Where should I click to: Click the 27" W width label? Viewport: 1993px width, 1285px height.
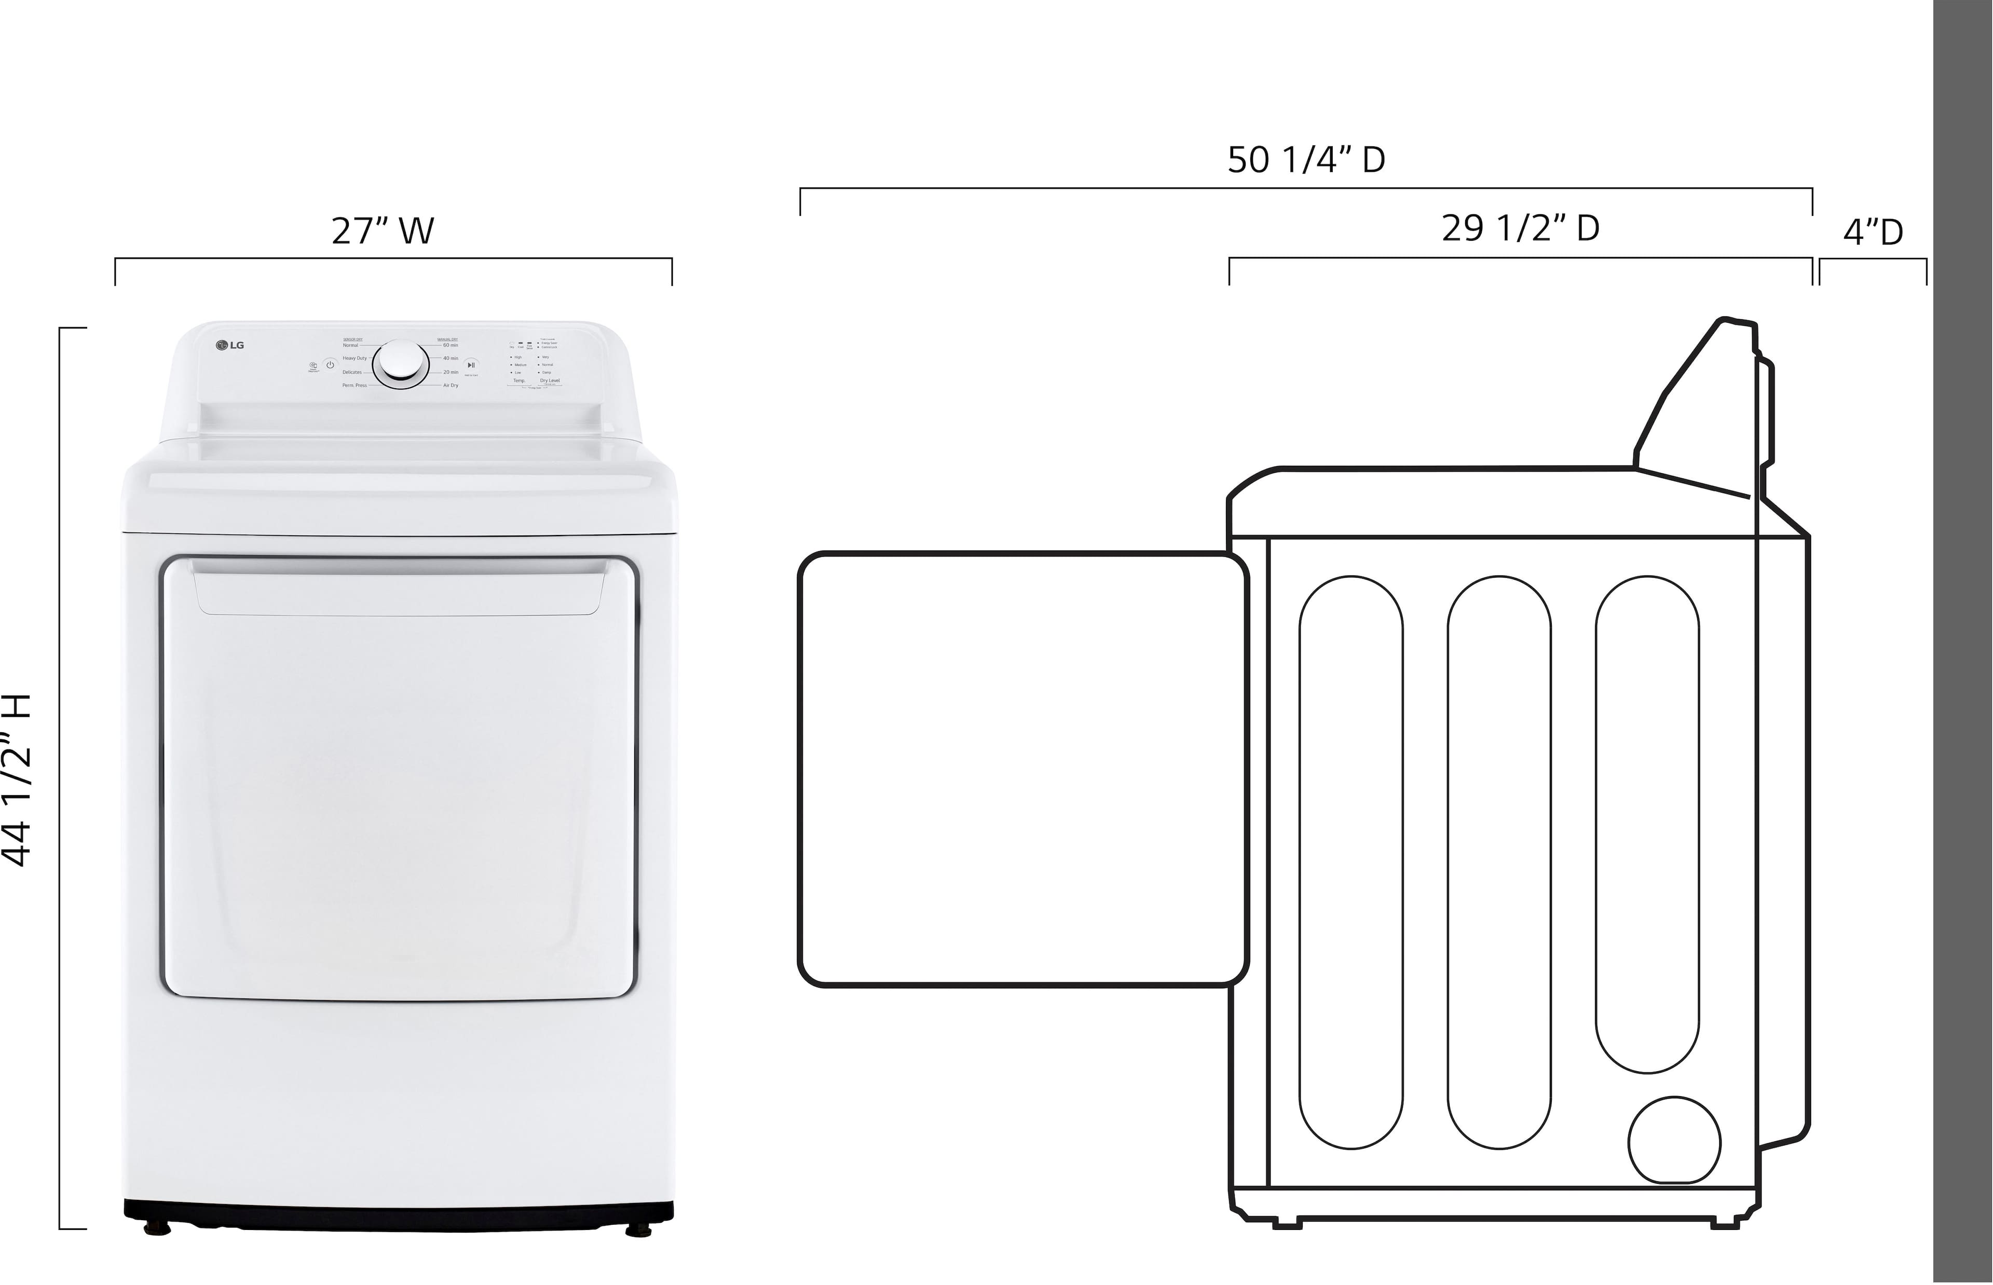click(383, 231)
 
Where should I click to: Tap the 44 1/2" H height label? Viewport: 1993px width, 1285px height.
click(17, 780)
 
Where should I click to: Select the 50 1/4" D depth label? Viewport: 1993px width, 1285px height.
click(1306, 159)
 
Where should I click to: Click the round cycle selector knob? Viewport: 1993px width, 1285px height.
click(401, 364)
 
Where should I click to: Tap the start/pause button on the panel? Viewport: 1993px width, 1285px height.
click(471, 365)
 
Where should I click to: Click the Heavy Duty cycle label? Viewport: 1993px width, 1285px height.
click(354, 358)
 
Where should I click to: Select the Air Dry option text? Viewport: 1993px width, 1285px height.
click(451, 386)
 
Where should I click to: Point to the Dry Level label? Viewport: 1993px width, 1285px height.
click(550, 380)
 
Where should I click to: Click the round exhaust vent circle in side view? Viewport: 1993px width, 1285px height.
click(1674, 1140)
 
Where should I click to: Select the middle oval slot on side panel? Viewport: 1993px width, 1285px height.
click(1499, 862)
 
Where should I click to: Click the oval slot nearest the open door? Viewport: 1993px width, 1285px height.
click(1350, 862)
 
